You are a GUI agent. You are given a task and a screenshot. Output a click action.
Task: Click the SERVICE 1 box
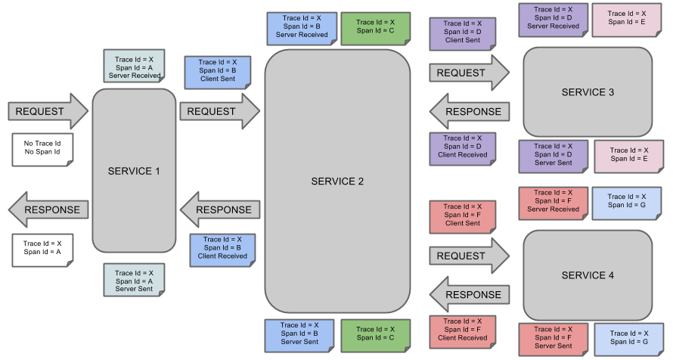point(134,171)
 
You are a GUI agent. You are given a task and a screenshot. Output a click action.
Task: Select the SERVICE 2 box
point(337,182)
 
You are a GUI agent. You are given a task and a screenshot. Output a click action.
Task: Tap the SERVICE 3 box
point(588,92)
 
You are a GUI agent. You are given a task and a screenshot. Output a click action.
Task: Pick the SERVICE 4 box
point(588,275)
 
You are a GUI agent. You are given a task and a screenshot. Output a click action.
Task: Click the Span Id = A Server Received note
point(134,67)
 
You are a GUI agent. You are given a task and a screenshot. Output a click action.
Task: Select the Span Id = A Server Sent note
point(134,281)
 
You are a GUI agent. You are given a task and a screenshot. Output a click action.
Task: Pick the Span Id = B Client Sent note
point(218,71)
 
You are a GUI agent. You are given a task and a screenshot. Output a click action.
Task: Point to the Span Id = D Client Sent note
point(463,33)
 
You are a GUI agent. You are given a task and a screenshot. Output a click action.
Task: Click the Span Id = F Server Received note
point(553,202)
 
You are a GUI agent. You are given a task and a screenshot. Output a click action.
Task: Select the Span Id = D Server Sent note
point(553,155)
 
